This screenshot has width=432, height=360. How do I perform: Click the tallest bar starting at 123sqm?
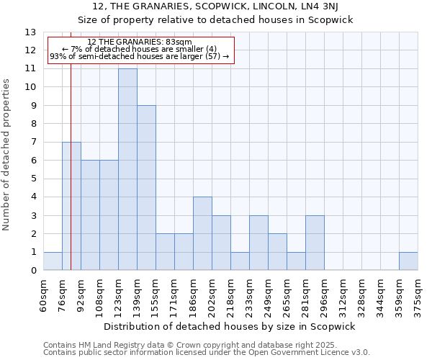[127, 169]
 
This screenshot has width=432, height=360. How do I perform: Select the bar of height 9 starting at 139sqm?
[146, 188]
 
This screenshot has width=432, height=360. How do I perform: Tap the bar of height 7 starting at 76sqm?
[71, 206]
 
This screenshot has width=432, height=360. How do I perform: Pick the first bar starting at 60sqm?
[53, 261]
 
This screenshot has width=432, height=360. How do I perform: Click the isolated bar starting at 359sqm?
[408, 261]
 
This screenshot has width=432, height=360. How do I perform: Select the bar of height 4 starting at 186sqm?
[202, 233]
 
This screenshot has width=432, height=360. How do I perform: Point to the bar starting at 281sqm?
[315, 243]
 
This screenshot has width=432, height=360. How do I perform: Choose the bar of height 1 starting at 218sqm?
[240, 261]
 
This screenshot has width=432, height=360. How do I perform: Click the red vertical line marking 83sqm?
[71, 180]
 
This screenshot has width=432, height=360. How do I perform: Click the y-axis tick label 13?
[30, 32]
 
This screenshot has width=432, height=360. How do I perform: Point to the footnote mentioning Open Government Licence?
[207, 353]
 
